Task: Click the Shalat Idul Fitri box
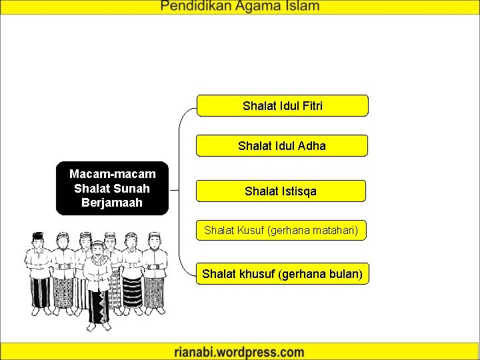pos(282,105)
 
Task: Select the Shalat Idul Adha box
pos(282,145)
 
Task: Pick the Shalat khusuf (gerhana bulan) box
pos(282,274)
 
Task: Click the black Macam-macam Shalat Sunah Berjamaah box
pos(112,188)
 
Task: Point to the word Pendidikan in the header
pos(197,7)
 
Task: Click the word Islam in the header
pos(301,7)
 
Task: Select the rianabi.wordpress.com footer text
pos(239,352)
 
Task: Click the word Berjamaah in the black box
pos(112,202)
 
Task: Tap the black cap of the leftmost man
pos(38,235)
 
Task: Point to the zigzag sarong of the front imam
pos(99,307)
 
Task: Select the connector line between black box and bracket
pos(175,189)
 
